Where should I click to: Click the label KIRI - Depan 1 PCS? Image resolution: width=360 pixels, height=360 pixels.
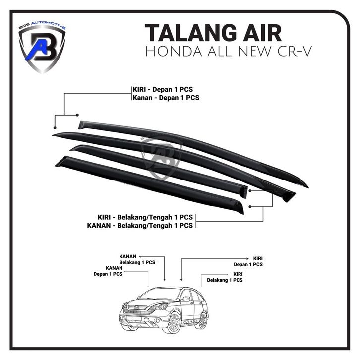[163, 90]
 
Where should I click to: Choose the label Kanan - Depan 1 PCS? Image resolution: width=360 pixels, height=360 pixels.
[166, 98]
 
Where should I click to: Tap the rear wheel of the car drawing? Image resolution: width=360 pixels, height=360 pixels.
[202, 319]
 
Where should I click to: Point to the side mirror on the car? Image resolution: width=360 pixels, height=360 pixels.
[185, 299]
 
